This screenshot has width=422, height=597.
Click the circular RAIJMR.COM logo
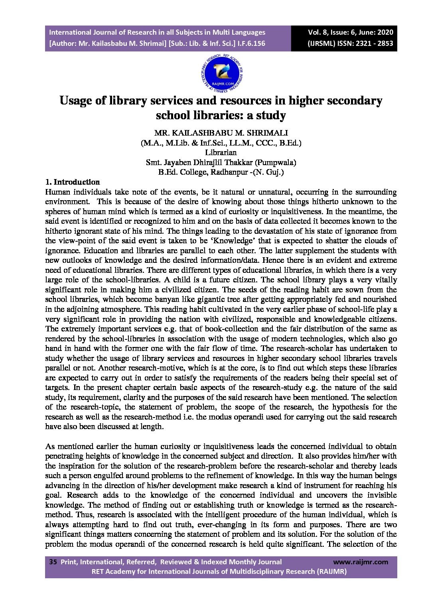pos(222,74)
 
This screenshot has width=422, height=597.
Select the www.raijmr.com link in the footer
pos(360,562)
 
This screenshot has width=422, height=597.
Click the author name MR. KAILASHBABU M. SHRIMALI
pos(221,133)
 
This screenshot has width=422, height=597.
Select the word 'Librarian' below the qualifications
pos(221,152)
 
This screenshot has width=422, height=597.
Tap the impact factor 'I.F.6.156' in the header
pos(252,43)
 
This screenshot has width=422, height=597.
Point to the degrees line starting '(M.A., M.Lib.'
pos(221,143)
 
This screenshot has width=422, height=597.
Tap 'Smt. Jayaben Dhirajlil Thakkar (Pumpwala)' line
pos(221,162)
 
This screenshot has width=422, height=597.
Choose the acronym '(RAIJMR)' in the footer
pos(332,571)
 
